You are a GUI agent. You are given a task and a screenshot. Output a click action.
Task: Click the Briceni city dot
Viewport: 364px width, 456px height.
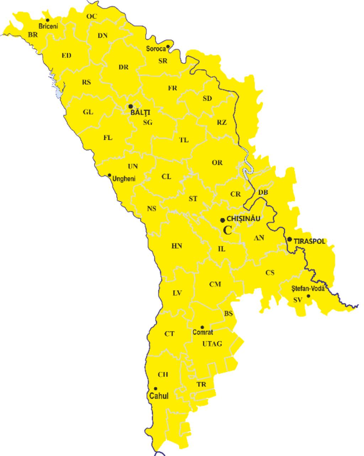pyautogui.click(x=47, y=20)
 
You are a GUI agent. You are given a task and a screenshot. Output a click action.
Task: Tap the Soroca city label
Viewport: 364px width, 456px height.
pyautogui.click(x=156, y=49)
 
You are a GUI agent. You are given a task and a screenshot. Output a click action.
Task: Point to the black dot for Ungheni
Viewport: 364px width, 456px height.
pyautogui.click(x=109, y=175)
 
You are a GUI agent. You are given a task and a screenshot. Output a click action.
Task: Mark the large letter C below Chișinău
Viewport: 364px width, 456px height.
pyautogui.click(x=227, y=230)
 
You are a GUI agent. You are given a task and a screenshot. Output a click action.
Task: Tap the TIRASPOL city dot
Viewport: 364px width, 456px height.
pyautogui.click(x=290, y=239)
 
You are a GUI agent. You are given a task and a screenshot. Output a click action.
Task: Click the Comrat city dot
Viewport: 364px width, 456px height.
pyautogui.click(x=202, y=327)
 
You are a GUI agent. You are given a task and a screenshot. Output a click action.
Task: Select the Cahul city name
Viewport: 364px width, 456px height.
pyautogui.click(x=159, y=396)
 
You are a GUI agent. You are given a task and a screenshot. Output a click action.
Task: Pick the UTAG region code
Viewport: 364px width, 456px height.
pyautogui.click(x=212, y=344)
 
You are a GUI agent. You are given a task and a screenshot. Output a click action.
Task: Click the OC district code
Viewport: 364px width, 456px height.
pyautogui.click(x=91, y=16)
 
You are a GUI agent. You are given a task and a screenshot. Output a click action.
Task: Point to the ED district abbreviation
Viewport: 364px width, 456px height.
pyautogui.click(x=66, y=55)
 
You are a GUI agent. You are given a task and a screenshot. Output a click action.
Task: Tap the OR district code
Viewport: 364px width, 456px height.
pyautogui.click(x=217, y=162)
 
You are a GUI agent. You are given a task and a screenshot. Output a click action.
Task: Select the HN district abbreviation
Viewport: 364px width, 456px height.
pyautogui.click(x=177, y=246)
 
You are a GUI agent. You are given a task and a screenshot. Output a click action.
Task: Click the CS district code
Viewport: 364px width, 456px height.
pyautogui.click(x=270, y=273)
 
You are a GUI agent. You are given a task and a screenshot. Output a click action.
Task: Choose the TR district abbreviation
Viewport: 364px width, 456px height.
pyautogui.click(x=201, y=385)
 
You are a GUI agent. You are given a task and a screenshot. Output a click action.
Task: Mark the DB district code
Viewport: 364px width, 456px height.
pyautogui.click(x=263, y=192)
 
